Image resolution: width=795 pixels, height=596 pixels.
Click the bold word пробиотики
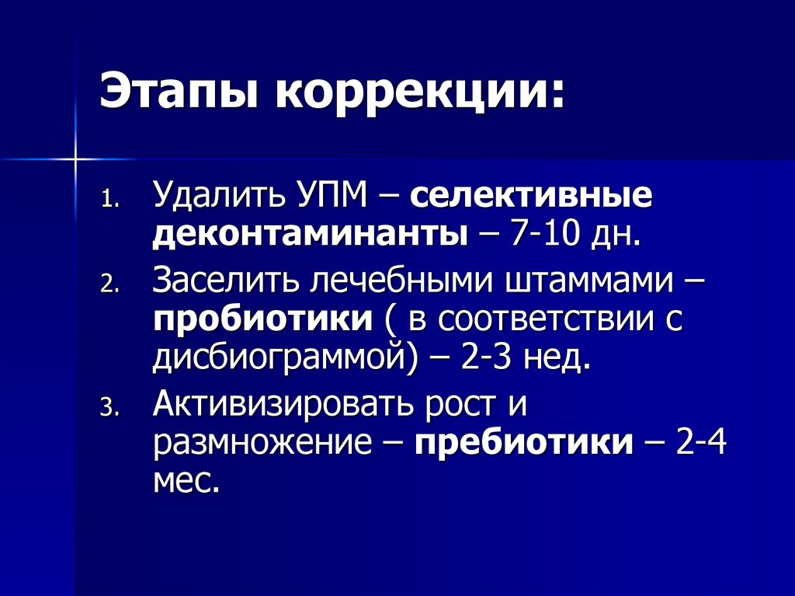(x=262, y=320)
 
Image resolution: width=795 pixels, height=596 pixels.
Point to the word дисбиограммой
(x=277, y=361)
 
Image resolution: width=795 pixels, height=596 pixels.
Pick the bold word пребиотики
(x=524, y=444)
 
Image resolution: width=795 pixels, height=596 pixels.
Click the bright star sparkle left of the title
(x=76, y=159)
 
